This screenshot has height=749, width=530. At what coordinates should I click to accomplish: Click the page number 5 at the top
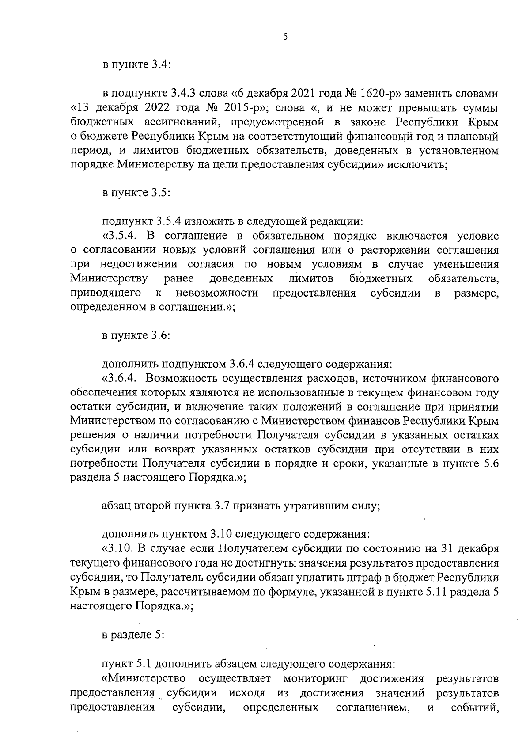point(285,37)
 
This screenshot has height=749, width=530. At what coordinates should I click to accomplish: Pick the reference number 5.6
point(491,464)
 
